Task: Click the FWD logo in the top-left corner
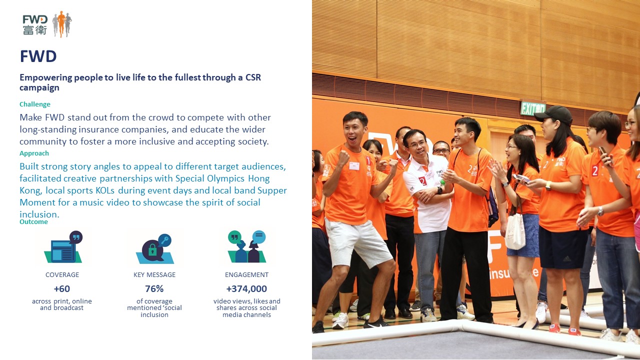(x=47, y=24)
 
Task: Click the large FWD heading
(x=38, y=56)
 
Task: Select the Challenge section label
(x=35, y=104)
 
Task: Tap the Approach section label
(x=34, y=153)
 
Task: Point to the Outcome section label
(x=33, y=221)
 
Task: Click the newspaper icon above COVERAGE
(x=63, y=247)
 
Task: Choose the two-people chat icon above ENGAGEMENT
(x=247, y=246)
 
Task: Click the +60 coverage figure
(x=62, y=289)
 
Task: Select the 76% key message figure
(x=154, y=289)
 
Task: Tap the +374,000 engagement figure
(x=246, y=289)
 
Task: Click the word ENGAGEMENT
(x=246, y=275)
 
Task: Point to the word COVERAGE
(x=62, y=275)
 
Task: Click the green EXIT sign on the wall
(x=533, y=108)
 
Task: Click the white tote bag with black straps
(x=515, y=230)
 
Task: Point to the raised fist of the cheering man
(x=342, y=158)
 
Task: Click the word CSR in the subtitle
(x=253, y=77)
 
